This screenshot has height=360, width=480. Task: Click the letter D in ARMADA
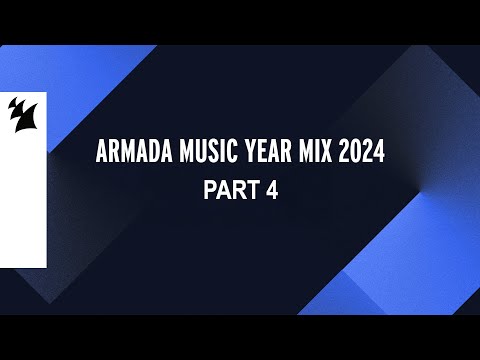pyautogui.click(x=146, y=154)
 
